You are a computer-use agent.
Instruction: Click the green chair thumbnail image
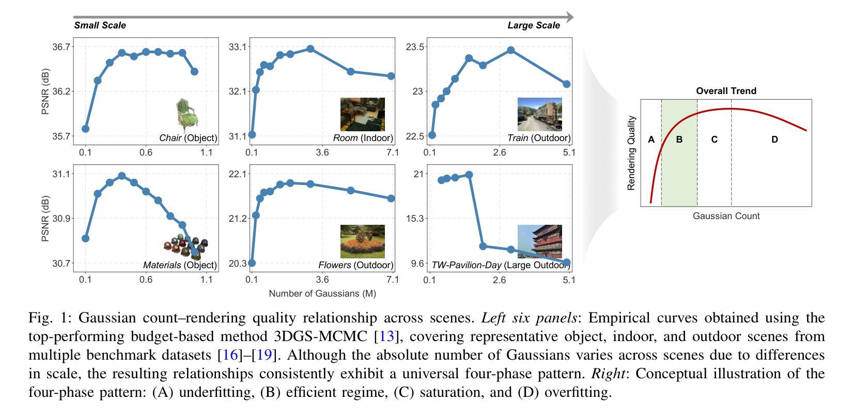click(x=188, y=115)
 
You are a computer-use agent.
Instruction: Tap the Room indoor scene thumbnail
click(x=362, y=114)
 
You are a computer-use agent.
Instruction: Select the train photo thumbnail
click(x=539, y=114)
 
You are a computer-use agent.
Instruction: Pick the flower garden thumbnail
click(x=362, y=241)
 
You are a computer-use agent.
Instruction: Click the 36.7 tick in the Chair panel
click(x=61, y=47)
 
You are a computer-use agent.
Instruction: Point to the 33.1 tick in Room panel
click(x=238, y=47)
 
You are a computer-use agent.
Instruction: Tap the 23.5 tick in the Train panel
click(x=415, y=47)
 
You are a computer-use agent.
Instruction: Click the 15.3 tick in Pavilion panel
click(x=415, y=219)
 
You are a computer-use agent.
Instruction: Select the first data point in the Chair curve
click(x=85, y=129)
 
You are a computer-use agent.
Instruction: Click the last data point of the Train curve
click(x=567, y=84)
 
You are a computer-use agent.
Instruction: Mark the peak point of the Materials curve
click(x=122, y=176)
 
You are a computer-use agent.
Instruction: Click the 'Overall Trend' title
click(x=726, y=91)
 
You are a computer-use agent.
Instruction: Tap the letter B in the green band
click(x=679, y=140)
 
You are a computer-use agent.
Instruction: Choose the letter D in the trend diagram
click(x=774, y=140)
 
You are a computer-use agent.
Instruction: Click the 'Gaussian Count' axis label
click(x=726, y=216)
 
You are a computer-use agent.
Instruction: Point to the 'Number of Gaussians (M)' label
click(x=322, y=294)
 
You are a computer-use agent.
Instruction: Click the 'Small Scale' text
click(x=100, y=25)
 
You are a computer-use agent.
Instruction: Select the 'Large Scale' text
click(x=534, y=25)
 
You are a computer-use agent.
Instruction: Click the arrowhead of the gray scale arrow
click(x=569, y=17)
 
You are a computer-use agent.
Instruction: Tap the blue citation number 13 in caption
click(x=386, y=336)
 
